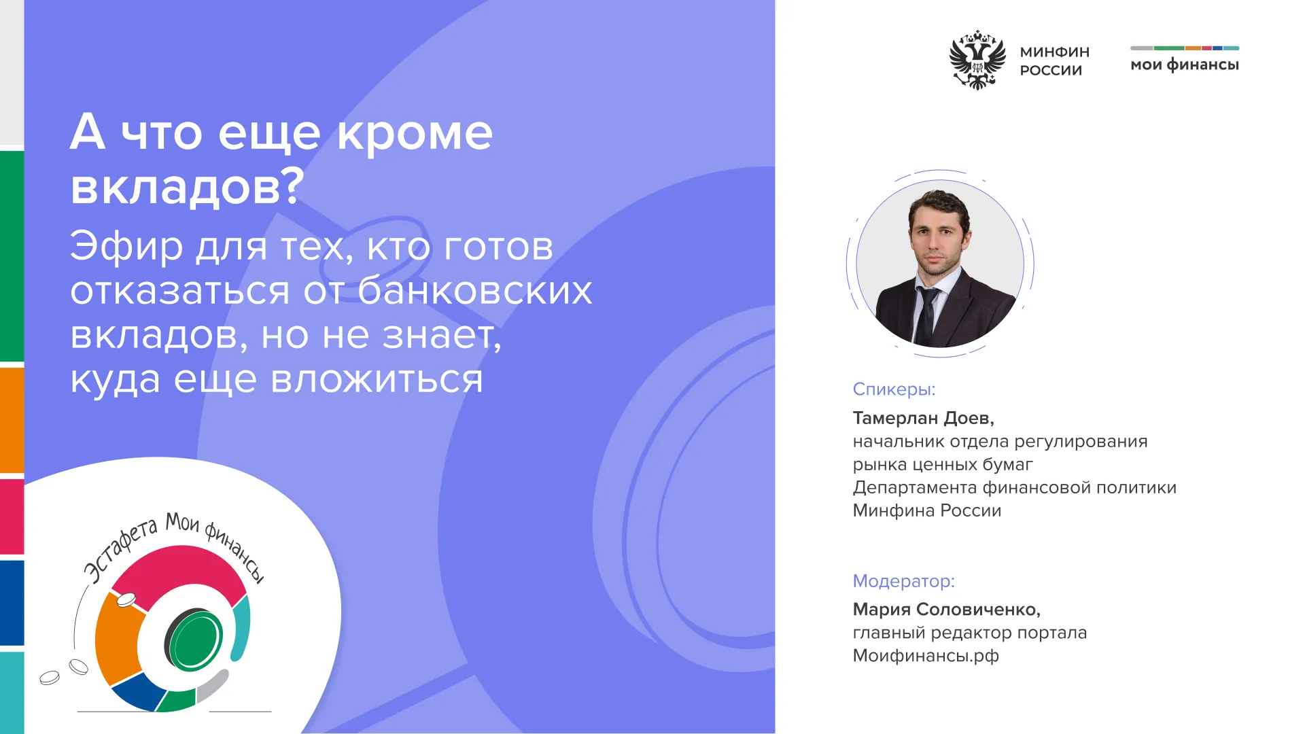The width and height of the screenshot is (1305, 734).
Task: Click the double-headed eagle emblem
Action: pyautogui.click(x=977, y=60)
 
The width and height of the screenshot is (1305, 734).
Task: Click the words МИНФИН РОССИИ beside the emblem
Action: pyautogui.click(x=1054, y=61)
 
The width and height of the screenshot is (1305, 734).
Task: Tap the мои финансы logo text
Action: pyautogui.click(x=1185, y=65)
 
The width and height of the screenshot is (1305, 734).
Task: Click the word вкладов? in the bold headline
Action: pyautogui.click(x=187, y=186)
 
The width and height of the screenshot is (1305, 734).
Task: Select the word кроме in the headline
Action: pyautogui.click(x=415, y=132)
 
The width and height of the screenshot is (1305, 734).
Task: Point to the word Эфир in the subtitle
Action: pyautogui.click(x=126, y=246)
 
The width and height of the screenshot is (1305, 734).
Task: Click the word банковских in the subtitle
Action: pyautogui.click(x=474, y=290)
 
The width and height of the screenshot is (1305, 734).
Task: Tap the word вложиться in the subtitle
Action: pyautogui.click(x=377, y=379)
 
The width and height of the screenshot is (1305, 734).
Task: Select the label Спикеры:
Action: pyautogui.click(x=894, y=389)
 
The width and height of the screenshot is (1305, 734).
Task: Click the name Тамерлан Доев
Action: pyautogui.click(x=923, y=418)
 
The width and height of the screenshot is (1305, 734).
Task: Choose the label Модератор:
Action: pyautogui.click(x=903, y=581)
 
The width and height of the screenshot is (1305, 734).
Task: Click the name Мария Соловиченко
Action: pyautogui.click(x=946, y=610)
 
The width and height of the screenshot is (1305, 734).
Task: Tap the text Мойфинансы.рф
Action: pyautogui.click(x=926, y=656)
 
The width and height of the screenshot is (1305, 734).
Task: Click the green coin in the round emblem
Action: pyautogui.click(x=196, y=640)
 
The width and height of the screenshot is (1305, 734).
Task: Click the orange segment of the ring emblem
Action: pyautogui.click(x=118, y=639)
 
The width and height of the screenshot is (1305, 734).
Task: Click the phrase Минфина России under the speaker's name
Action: pyautogui.click(x=927, y=510)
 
